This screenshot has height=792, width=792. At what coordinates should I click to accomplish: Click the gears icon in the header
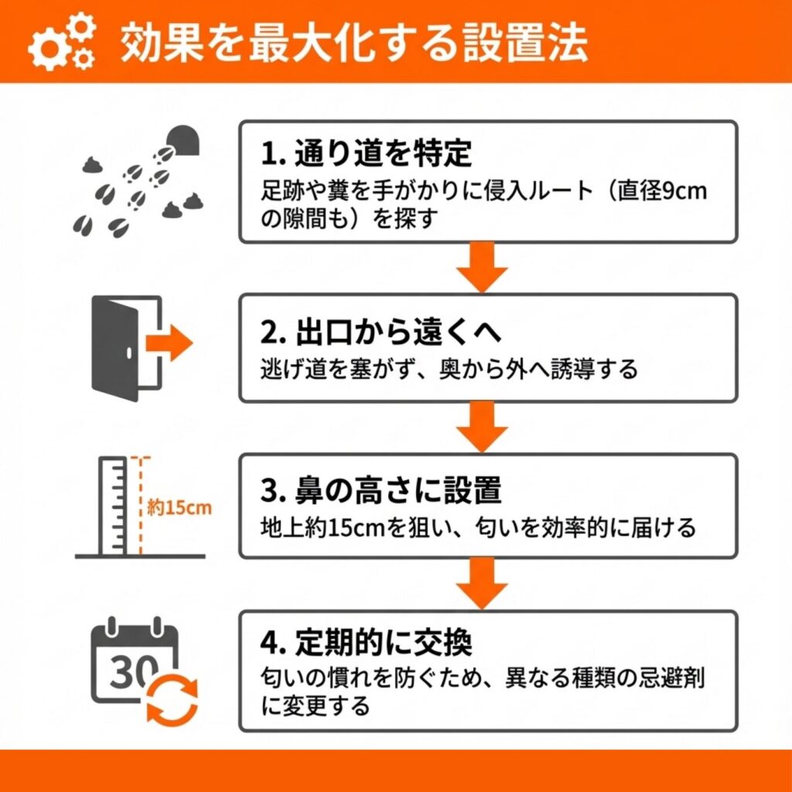pyautogui.click(x=62, y=42)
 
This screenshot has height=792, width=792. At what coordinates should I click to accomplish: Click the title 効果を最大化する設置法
pyautogui.click(x=354, y=43)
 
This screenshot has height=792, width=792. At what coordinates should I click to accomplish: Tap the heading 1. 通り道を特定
pyautogui.click(x=366, y=152)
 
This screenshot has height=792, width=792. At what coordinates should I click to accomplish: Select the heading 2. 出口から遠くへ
pyautogui.click(x=381, y=332)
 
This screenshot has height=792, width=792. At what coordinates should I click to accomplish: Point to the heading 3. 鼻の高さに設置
pyautogui.click(x=381, y=490)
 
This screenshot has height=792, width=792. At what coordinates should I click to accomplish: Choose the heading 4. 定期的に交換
pyautogui.click(x=366, y=642)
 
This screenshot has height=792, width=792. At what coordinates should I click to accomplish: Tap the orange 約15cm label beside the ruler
pyautogui.click(x=179, y=507)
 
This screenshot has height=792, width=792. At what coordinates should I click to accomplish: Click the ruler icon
pyautogui.click(x=113, y=506)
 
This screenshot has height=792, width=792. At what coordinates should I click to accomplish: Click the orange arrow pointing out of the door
pyautogui.click(x=169, y=343)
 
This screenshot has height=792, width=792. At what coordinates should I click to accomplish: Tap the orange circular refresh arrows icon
pyautogui.click(x=172, y=700)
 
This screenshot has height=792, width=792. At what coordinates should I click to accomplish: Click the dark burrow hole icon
pyautogui.click(x=183, y=140)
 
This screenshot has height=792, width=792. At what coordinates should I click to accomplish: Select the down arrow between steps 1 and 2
pyautogui.click(x=482, y=268)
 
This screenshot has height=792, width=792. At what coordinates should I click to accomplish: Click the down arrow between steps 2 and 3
pyautogui.click(x=482, y=427)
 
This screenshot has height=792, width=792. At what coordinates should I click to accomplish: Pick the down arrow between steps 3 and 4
pyautogui.click(x=482, y=584)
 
